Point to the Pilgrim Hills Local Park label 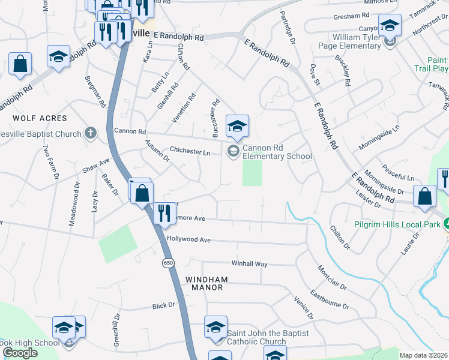(x=394, y=223)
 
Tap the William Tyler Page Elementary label (x=357, y=41)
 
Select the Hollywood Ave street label (x=189, y=239)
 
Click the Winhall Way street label (x=249, y=263)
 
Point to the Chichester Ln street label (x=190, y=152)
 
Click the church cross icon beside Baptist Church (x=90, y=133)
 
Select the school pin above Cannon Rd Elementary (x=237, y=126)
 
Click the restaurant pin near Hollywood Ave (x=162, y=214)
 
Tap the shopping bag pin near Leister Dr (x=425, y=196)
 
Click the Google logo (x=20, y=353)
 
